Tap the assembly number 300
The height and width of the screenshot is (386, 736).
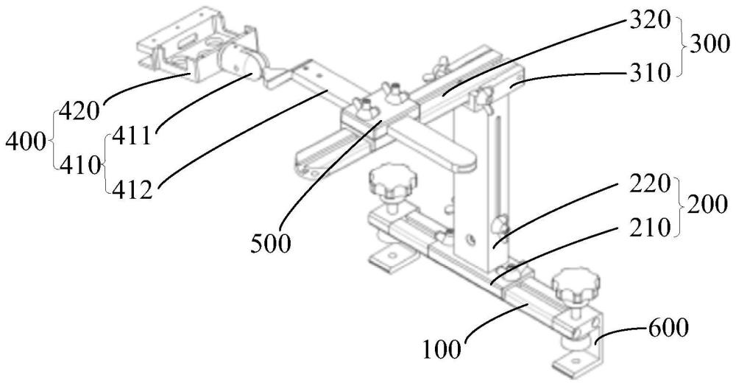(x=708, y=45)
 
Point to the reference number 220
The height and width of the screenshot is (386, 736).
(x=650, y=185)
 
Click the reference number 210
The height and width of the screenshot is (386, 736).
(x=650, y=228)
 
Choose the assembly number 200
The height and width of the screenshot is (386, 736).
(x=707, y=205)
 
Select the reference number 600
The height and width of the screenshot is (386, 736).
(x=668, y=327)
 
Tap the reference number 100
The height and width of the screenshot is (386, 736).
(x=442, y=349)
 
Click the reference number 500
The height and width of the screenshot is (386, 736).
(x=270, y=244)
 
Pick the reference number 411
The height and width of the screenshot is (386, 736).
(x=131, y=137)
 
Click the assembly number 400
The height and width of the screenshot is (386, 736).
(x=26, y=141)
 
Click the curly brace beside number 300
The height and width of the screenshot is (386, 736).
(x=679, y=46)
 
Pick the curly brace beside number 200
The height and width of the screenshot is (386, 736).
(x=679, y=206)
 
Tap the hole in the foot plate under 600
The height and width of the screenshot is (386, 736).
(x=573, y=362)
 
